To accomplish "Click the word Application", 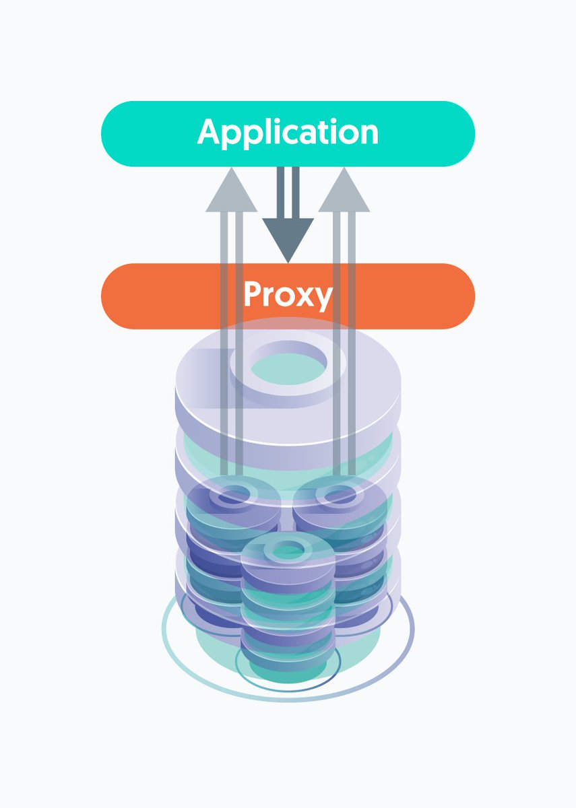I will coord(288,133).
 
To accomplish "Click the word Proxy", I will coord(288,295).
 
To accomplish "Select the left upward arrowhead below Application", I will coord(231,192).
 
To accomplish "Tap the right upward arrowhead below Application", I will coord(344,192).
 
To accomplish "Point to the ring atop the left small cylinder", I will coord(232,497).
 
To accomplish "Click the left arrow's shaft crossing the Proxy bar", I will coord(231,296).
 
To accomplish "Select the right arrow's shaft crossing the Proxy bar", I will coord(344,296).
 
